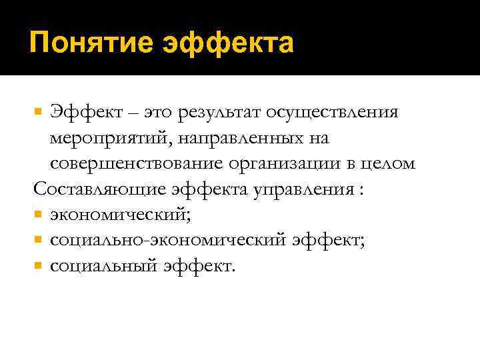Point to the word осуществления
[342, 113]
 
